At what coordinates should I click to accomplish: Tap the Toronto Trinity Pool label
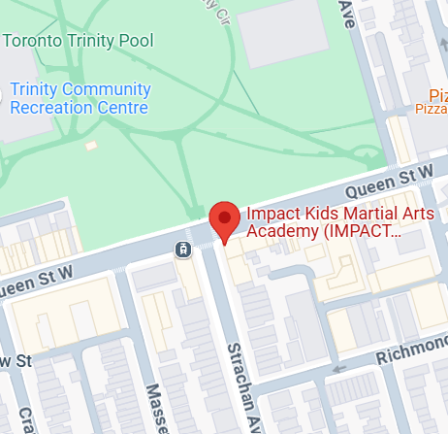(x=79, y=41)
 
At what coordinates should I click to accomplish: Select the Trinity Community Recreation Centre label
(x=80, y=98)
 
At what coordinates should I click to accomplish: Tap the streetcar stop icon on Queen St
(x=181, y=250)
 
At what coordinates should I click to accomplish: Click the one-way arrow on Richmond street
(x=339, y=369)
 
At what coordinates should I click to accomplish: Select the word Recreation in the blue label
(x=53, y=107)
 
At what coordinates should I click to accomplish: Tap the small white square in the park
(x=91, y=146)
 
